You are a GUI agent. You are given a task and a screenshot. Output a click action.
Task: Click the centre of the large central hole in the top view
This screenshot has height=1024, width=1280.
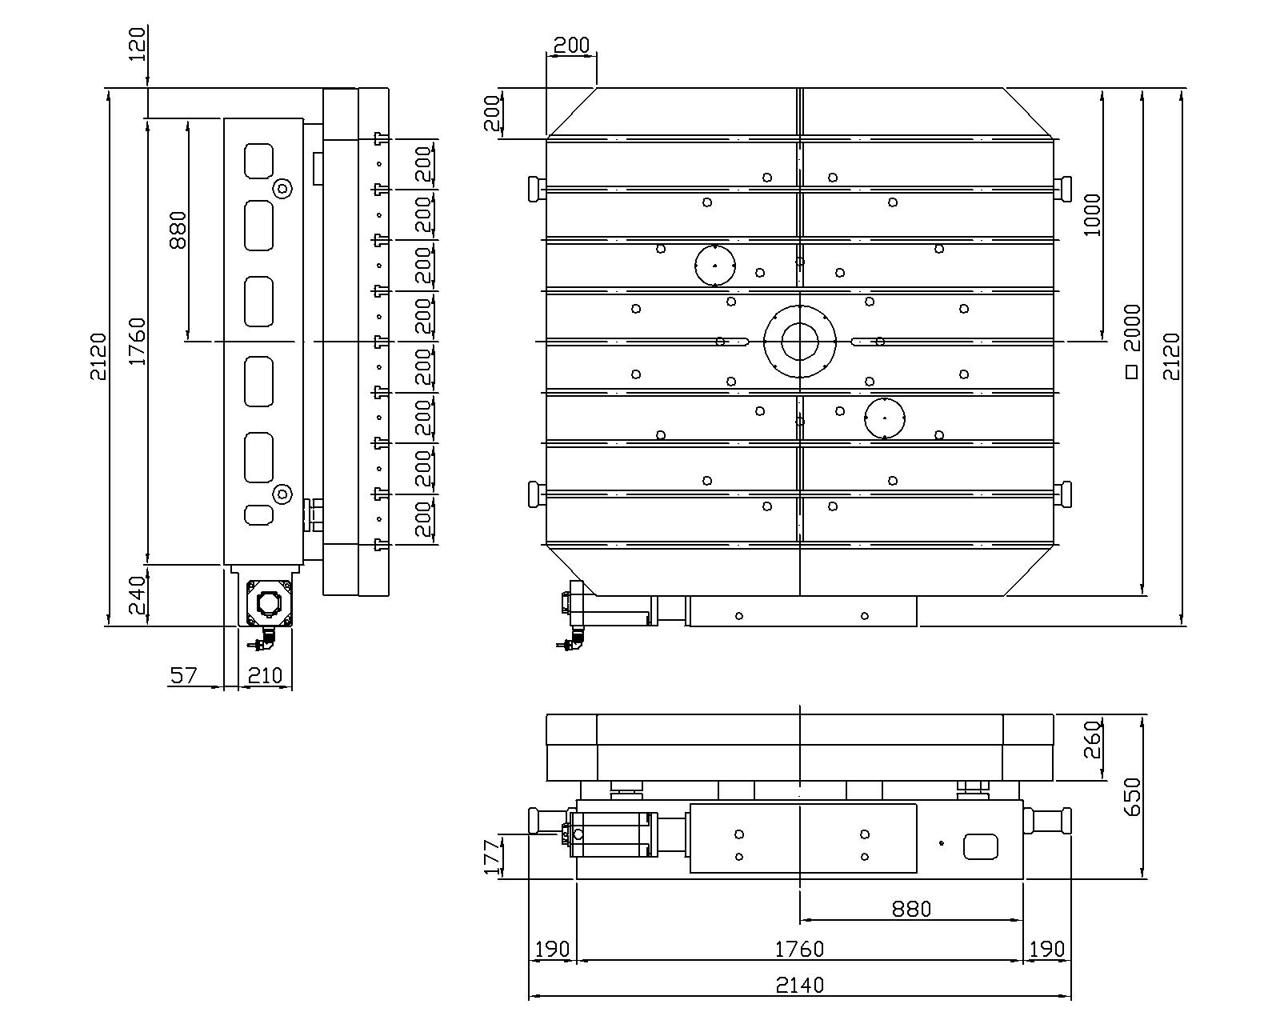click(x=799, y=342)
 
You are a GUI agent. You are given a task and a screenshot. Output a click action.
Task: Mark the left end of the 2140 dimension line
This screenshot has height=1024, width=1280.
click(x=529, y=994)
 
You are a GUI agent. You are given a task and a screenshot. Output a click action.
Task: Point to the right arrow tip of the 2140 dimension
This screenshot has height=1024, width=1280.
click(x=1070, y=994)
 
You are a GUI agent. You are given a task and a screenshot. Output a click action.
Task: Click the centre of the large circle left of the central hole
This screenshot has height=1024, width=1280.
click(x=715, y=266)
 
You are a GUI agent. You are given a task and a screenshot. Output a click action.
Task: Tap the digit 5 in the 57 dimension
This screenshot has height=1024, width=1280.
click(x=177, y=675)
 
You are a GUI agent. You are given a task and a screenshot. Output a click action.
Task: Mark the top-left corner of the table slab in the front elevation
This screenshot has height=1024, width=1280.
click(x=546, y=714)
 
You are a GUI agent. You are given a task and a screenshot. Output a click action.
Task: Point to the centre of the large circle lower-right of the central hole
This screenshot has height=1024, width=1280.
click(x=885, y=418)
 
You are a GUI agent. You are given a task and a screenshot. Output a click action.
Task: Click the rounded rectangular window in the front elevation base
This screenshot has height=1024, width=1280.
click(x=980, y=846)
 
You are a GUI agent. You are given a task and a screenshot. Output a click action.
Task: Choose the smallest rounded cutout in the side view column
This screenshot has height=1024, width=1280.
click(x=258, y=514)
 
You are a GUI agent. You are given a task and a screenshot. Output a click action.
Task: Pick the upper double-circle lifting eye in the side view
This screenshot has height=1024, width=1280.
click(x=282, y=190)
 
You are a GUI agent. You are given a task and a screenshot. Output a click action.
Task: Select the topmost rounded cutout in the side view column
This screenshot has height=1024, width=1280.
click(x=258, y=161)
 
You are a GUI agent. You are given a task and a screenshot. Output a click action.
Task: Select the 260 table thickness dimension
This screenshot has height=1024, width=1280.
click(x=1094, y=739)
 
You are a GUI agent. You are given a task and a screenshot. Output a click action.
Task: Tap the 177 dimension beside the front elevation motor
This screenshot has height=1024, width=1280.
click(x=492, y=856)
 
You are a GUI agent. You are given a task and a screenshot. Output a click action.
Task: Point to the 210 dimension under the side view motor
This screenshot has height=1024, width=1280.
click(x=265, y=675)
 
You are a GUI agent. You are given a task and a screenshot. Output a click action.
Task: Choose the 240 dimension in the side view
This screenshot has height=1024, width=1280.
click(x=138, y=595)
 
